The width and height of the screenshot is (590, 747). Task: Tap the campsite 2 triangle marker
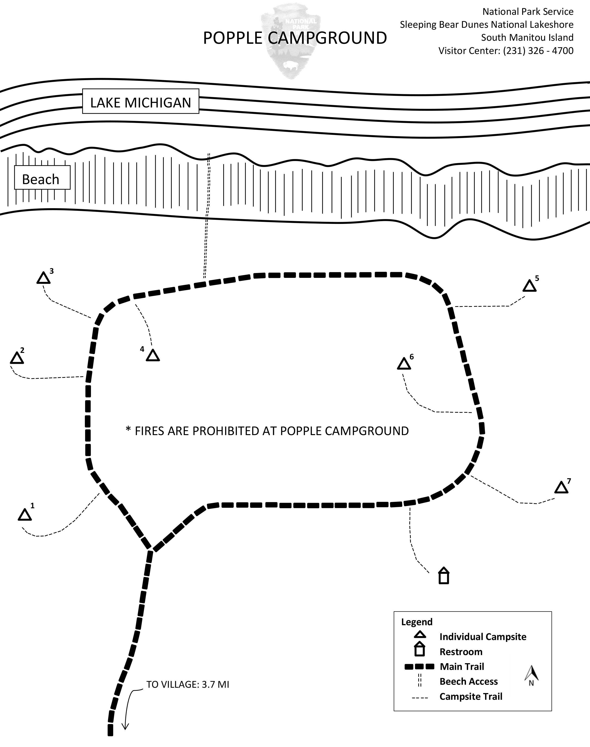(17, 358)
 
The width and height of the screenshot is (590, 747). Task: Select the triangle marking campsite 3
(43, 278)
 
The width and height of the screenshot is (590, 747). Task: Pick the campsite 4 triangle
(153, 356)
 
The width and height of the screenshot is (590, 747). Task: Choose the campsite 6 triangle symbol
(404, 364)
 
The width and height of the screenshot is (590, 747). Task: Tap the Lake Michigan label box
(141, 102)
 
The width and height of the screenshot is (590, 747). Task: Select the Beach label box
(42, 178)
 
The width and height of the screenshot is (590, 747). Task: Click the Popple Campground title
(295, 38)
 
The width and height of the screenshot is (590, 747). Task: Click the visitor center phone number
(538, 51)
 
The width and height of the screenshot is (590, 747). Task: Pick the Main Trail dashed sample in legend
(419, 666)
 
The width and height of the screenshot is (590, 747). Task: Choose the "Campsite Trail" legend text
(470, 697)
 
